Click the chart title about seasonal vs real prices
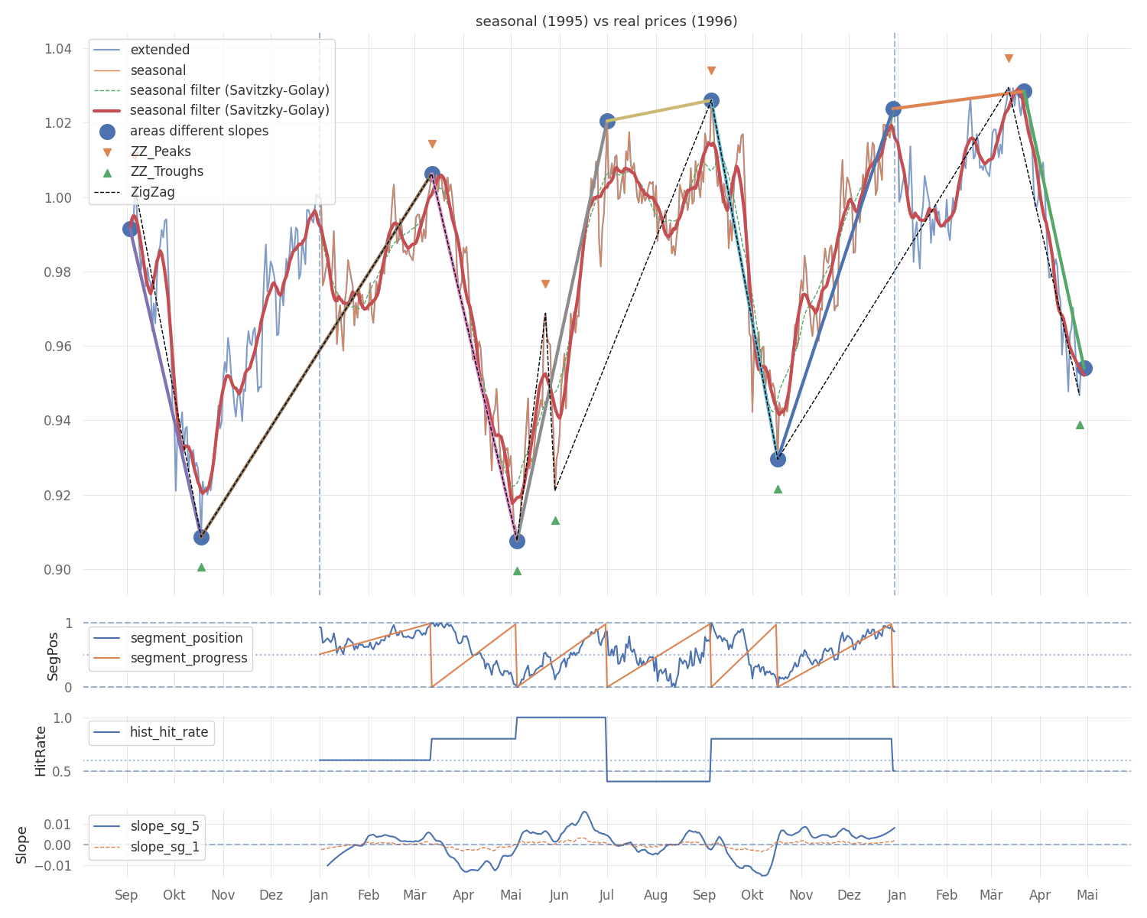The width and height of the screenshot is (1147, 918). [606, 21]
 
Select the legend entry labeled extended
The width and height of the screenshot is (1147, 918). [160, 50]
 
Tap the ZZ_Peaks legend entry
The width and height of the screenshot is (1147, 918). [161, 151]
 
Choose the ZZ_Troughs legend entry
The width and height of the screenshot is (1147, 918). [167, 172]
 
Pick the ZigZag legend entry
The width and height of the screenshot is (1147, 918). [152, 192]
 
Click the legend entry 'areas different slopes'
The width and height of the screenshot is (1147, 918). [199, 132]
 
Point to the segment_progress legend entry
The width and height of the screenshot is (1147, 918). [189, 658]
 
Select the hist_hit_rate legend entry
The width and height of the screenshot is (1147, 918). [169, 732]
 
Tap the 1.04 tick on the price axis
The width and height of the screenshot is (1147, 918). [58, 49]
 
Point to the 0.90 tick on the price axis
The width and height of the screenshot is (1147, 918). [58, 570]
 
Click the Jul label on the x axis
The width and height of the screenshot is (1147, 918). [608, 895]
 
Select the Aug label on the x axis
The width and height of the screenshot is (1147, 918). [656, 895]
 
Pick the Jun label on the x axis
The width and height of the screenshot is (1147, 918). [559, 895]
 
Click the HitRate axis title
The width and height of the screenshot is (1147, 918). [41, 751]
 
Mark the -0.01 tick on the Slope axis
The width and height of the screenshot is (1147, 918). [55, 866]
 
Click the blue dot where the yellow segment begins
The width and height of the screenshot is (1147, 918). [608, 121]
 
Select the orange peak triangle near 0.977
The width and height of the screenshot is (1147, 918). [545, 284]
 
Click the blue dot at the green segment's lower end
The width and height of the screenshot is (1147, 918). [1084, 369]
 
